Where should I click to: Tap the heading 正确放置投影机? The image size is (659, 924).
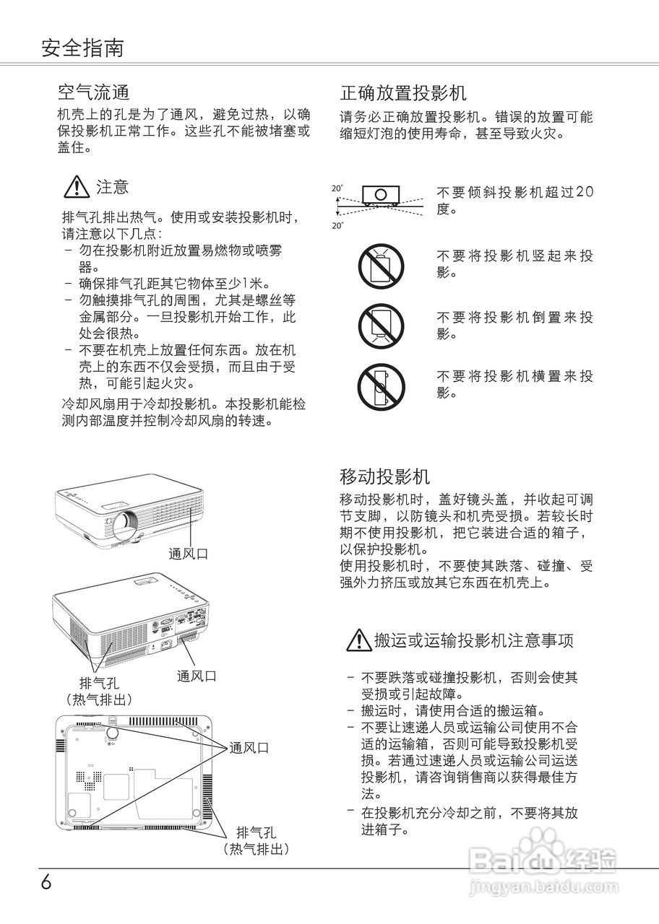coord(403,92)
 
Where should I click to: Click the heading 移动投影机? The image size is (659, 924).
coord(384,476)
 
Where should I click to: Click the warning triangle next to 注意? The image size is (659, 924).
coord(76,188)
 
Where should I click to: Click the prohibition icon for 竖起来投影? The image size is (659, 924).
coord(381,264)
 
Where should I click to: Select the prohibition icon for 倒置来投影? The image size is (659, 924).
coord(381,325)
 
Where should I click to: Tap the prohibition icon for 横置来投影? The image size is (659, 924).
coord(381,385)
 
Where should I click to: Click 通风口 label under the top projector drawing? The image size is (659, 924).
coord(189,554)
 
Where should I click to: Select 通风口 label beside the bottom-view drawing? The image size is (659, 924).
coord(249,748)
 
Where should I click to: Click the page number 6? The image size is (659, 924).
coord(46,882)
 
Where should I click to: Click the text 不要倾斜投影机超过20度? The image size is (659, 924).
coord(515,200)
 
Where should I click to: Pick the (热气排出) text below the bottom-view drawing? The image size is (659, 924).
coord(260,849)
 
